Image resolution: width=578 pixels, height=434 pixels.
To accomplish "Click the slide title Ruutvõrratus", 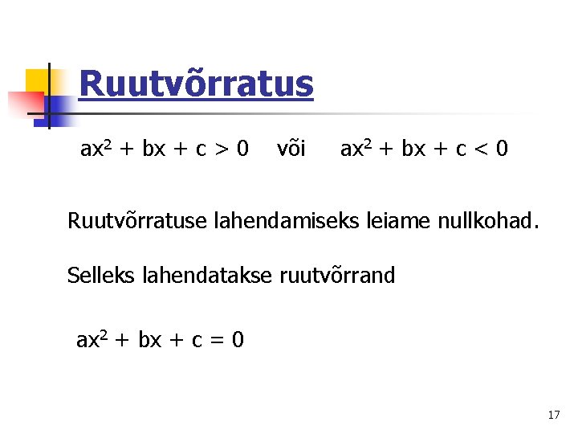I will (196, 84).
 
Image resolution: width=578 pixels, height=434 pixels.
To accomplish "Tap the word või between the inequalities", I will (291, 149).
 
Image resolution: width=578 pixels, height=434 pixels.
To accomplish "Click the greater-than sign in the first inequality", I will (220, 149).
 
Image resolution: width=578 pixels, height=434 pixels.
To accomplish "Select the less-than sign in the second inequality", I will (480, 149).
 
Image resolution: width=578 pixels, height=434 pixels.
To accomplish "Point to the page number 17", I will (553, 416).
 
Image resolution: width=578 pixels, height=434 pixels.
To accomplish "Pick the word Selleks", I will (101, 276).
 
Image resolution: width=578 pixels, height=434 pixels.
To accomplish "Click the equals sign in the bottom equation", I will (215, 341).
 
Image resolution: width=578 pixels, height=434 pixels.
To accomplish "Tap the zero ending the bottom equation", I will (237, 340).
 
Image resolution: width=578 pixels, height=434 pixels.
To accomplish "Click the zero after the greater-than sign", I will (242, 149).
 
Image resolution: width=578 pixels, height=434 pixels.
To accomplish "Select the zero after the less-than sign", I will (501, 149).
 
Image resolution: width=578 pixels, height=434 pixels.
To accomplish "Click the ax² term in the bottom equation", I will (92, 340).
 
